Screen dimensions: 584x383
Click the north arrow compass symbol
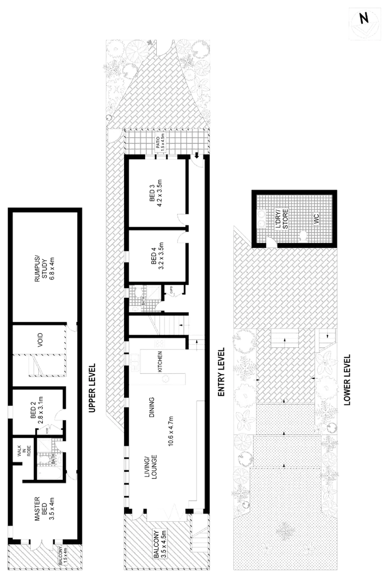coord(364,19)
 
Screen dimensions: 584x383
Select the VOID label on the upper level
coord(41,340)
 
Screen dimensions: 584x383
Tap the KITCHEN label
coord(159,361)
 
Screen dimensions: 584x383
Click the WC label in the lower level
coord(316,219)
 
